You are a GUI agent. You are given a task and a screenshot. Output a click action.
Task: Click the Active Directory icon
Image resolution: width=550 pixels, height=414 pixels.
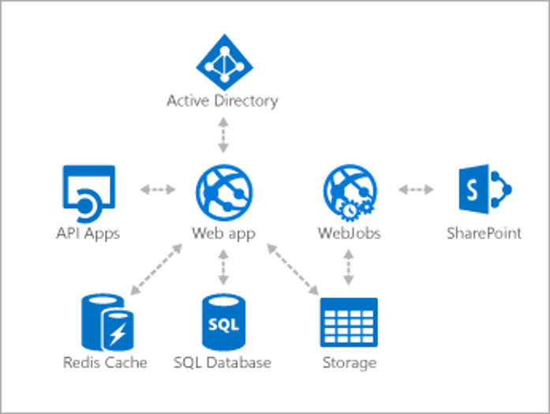[x=222, y=63]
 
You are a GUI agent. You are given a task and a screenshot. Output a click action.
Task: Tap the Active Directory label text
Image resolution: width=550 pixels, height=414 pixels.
[x=222, y=101]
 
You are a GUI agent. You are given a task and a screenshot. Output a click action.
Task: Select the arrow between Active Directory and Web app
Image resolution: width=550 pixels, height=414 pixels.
[x=222, y=135]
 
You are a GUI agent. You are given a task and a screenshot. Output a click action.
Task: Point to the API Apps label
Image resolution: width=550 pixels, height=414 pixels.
[x=88, y=233]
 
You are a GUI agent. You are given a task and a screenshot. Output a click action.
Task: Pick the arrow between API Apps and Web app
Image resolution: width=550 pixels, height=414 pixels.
[x=158, y=190]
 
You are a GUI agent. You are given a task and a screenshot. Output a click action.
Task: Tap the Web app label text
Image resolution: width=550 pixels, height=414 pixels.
[x=222, y=233]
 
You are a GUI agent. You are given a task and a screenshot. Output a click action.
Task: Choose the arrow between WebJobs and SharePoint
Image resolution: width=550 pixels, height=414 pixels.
[x=416, y=190]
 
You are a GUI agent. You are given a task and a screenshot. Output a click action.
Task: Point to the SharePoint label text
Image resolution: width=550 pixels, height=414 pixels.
[x=484, y=233]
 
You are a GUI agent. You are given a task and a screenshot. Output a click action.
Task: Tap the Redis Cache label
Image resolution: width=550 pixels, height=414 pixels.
[x=105, y=363]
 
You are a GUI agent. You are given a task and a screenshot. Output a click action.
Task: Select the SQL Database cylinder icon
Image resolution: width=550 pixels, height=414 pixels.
[x=222, y=322]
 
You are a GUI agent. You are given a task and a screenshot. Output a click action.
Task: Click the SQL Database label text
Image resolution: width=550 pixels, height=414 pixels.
[x=222, y=363]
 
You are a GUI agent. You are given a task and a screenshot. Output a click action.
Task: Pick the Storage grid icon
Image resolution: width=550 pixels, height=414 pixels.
[x=349, y=322]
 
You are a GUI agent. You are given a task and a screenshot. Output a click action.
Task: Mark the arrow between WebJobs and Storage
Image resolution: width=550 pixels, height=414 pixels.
[x=349, y=268]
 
